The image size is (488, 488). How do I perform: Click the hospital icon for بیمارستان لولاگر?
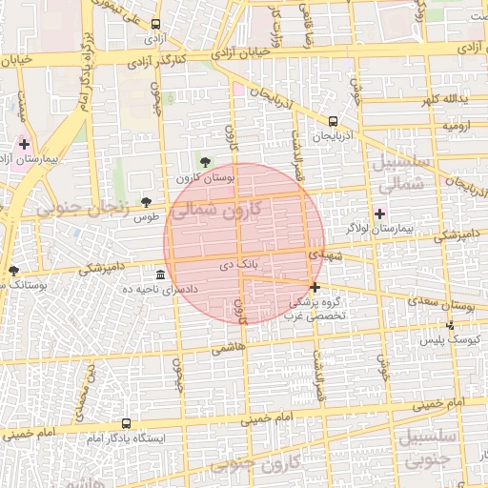click(381, 213)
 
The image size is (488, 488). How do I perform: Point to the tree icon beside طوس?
click(146, 202)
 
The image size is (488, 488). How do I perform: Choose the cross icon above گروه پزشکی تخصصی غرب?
click(315, 287)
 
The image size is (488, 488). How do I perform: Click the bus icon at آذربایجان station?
click(333, 121)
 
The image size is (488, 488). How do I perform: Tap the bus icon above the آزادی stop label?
click(155, 25)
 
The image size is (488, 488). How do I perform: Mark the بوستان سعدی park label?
click(447, 305)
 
